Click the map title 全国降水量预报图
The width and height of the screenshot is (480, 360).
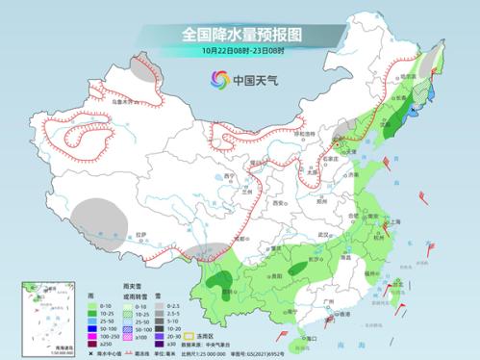tap(240, 34)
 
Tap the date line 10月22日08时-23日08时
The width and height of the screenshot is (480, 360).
tap(240, 49)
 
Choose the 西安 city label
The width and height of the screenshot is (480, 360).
tap(279, 205)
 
